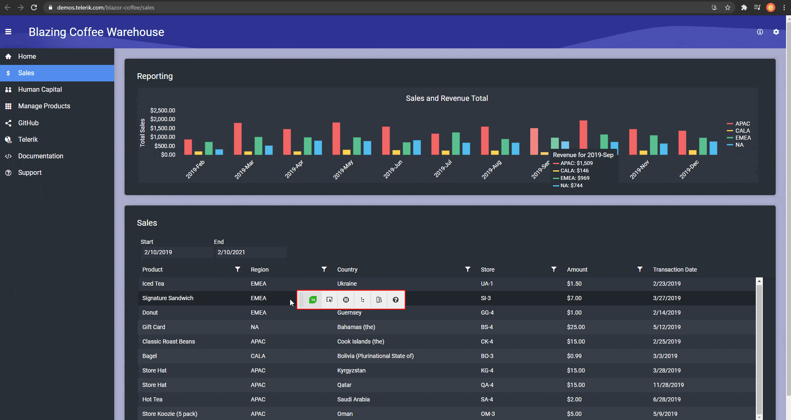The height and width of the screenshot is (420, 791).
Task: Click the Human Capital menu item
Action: (x=40, y=89)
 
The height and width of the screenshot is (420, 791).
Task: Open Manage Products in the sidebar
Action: (x=44, y=106)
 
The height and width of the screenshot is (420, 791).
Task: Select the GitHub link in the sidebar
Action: (x=28, y=123)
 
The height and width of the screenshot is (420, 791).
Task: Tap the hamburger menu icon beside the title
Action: (x=8, y=32)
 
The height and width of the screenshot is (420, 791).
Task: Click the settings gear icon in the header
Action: (x=776, y=32)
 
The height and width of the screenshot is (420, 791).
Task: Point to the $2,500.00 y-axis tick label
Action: (x=163, y=110)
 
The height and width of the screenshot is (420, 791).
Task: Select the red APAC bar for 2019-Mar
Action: (x=238, y=139)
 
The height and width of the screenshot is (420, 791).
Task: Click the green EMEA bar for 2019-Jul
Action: (x=456, y=143)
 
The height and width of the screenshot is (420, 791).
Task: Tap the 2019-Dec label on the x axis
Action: (x=689, y=169)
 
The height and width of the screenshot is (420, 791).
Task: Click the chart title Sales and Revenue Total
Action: (x=447, y=98)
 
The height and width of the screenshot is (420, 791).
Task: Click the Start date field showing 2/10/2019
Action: (x=177, y=252)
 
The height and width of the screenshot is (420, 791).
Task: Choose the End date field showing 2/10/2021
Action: (x=250, y=252)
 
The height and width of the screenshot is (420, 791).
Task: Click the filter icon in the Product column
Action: (x=238, y=269)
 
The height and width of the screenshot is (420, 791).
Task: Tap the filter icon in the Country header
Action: (x=468, y=269)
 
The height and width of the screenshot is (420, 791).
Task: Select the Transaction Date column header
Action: (x=675, y=270)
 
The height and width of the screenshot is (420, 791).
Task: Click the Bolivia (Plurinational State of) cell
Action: (x=375, y=356)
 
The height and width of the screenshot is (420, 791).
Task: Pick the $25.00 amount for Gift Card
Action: (x=576, y=327)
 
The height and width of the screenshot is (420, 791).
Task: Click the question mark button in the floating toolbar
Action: (x=396, y=300)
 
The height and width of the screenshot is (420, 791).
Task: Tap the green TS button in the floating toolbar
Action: (x=313, y=300)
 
